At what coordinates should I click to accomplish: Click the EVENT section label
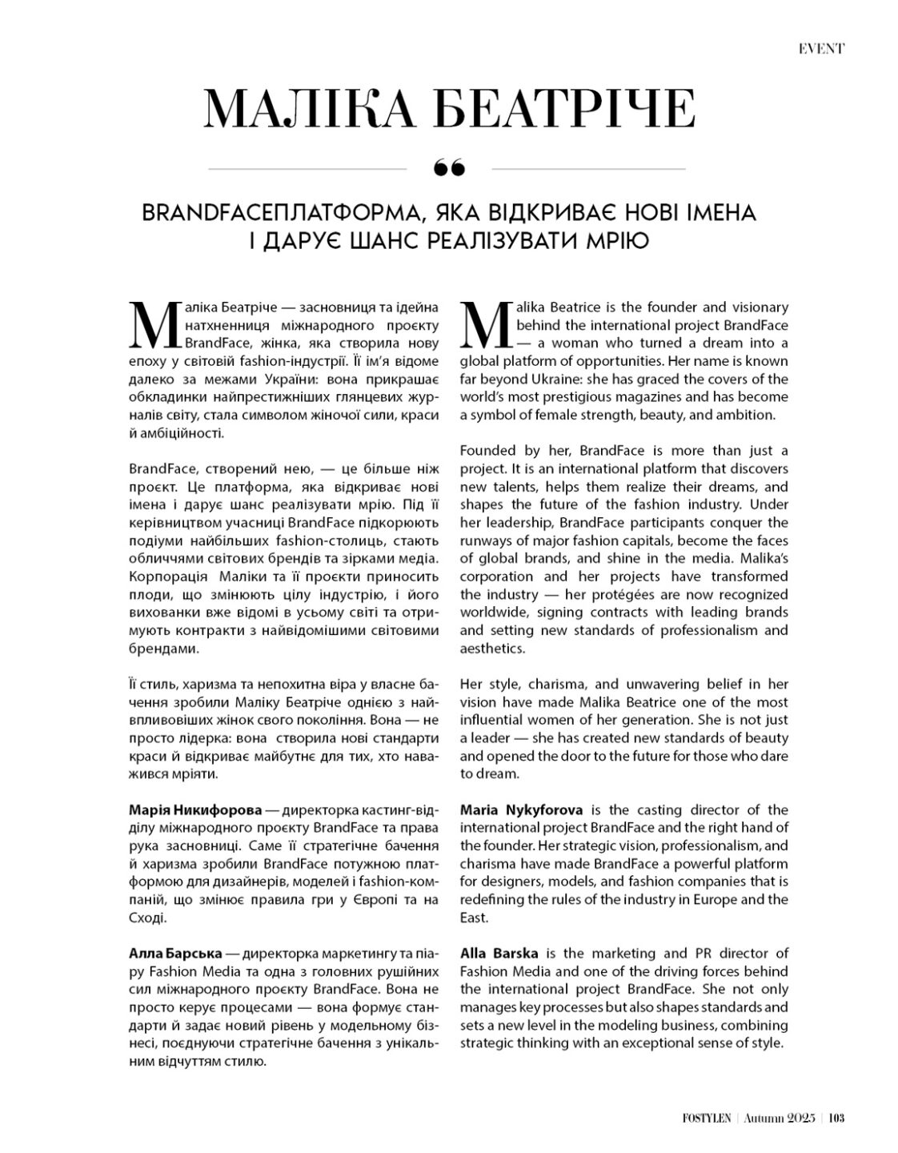[x=821, y=49]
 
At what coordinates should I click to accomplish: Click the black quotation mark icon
[x=448, y=168]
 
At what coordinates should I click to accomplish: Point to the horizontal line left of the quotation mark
[x=307, y=169]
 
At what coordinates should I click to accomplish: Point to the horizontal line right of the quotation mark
[x=588, y=169]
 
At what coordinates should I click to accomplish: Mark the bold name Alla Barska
[x=499, y=954]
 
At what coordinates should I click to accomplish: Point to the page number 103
[x=836, y=1119]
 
